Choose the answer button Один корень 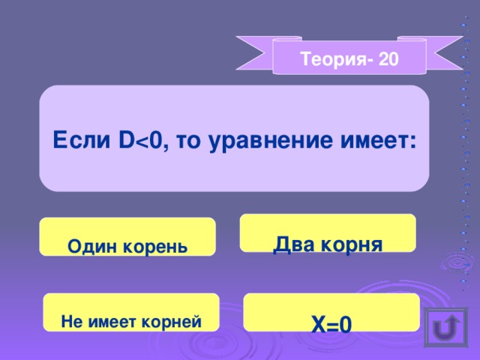point(127,237)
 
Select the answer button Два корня point(328,233)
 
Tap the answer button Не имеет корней point(131,313)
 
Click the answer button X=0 point(331,313)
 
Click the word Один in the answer point(90,245)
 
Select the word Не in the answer point(70,322)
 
